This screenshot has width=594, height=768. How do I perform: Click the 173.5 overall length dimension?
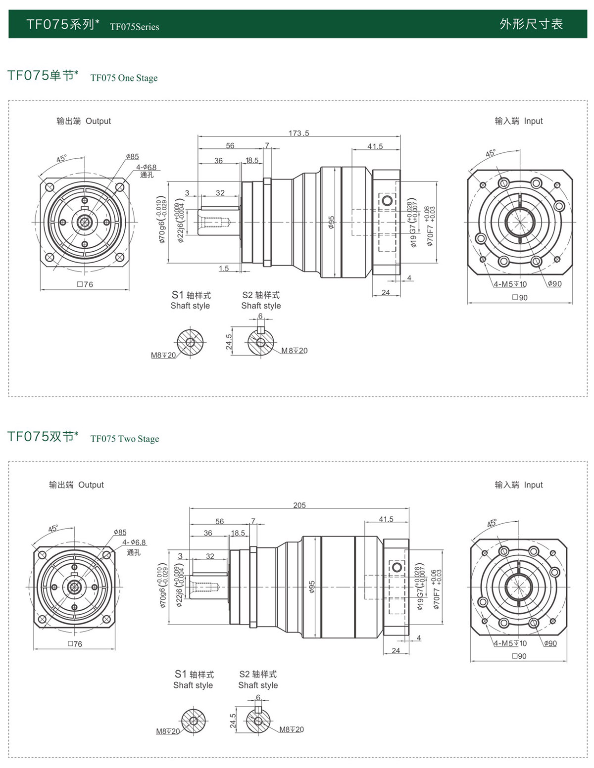pyautogui.click(x=298, y=133)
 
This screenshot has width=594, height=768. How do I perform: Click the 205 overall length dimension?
pyautogui.click(x=299, y=505)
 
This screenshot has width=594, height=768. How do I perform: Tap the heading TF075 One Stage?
pyautogui.click(x=124, y=78)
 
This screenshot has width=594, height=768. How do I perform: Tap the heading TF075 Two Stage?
pyautogui.click(x=125, y=439)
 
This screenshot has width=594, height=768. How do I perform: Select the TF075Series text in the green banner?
pyautogui.click(x=135, y=27)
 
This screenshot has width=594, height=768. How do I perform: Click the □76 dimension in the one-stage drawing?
pyautogui.click(x=85, y=284)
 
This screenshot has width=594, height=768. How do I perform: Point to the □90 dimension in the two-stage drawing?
pyautogui.click(x=519, y=656)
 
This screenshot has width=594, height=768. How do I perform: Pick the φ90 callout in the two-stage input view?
pyautogui.click(x=550, y=643)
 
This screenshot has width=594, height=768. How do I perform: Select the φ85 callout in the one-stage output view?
pyautogui.click(x=132, y=156)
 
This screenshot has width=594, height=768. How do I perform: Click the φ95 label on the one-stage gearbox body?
pyautogui.click(x=331, y=222)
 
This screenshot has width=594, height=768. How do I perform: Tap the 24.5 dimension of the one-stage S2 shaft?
pyautogui.click(x=229, y=342)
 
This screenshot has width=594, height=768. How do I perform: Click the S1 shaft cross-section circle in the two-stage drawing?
pyautogui.click(x=193, y=720)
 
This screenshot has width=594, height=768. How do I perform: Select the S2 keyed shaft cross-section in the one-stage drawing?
pyautogui.click(x=261, y=341)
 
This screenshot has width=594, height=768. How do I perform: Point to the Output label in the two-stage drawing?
pyautogui.click(x=91, y=485)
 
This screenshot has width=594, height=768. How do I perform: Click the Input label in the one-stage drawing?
pyautogui.click(x=533, y=121)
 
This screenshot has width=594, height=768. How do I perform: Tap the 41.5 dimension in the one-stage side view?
pyautogui.click(x=375, y=146)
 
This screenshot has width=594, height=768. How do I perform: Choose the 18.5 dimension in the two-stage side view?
pyautogui.click(x=238, y=533)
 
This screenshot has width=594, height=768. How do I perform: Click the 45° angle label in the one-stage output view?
pyautogui.click(x=61, y=159)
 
